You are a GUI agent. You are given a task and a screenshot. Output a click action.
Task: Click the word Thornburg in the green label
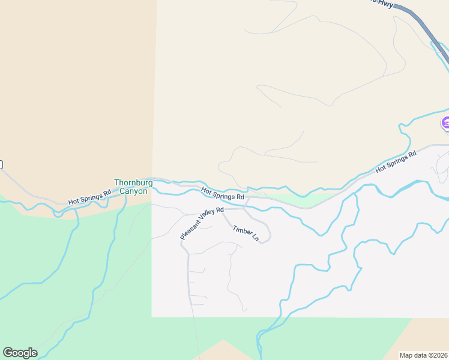(133, 183)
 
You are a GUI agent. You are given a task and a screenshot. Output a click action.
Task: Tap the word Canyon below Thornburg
(133, 191)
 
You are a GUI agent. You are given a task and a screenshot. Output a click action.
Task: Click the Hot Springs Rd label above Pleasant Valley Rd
(223, 193)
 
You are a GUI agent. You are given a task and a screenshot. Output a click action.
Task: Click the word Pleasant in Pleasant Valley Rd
(190, 230)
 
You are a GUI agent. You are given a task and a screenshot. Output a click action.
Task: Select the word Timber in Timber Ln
(242, 232)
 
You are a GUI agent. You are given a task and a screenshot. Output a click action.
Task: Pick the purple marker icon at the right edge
(445, 124)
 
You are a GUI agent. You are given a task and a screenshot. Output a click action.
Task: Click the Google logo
(20, 353)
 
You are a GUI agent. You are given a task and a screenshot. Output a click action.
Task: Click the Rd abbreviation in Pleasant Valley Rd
(220, 209)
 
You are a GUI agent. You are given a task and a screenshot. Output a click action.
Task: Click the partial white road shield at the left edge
(1, 164)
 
